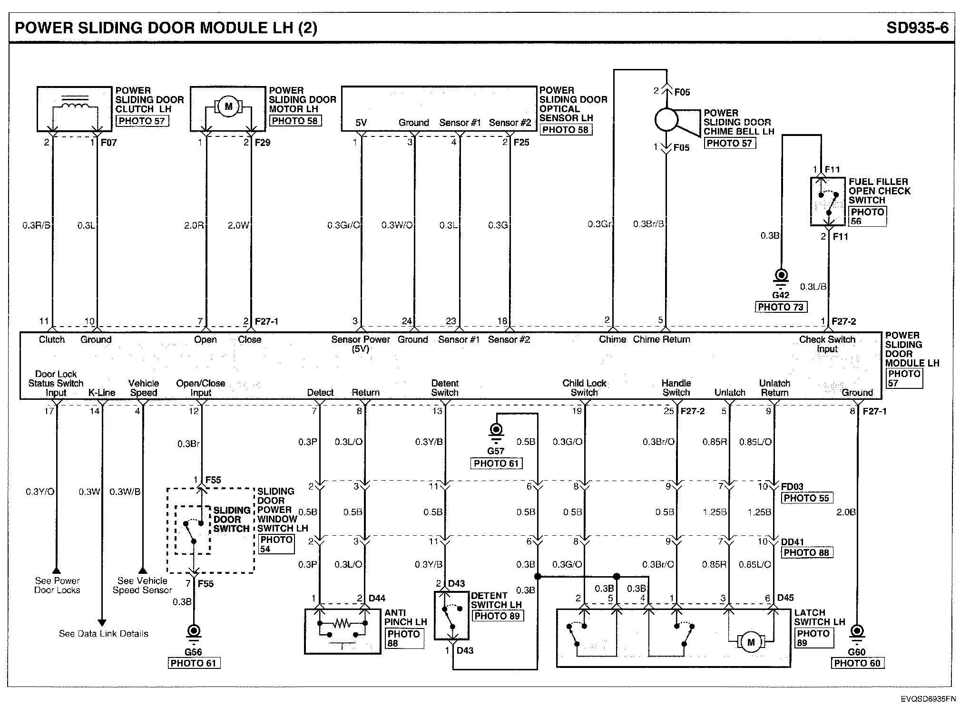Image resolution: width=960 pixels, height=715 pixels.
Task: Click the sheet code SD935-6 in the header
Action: [x=917, y=28]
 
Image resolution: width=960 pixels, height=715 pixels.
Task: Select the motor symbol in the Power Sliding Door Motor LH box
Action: [x=228, y=106]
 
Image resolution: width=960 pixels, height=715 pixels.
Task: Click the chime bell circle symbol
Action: [x=666, y=119]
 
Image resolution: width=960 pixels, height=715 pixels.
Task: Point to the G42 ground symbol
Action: [x=781, y=279]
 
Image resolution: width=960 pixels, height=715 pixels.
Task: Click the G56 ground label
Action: [x=193, y=652]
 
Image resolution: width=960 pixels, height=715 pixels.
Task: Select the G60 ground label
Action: [x=857, y=652]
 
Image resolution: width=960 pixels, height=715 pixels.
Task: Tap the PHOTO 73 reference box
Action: [x=781, y=307]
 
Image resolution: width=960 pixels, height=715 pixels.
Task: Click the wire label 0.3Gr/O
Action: [x=343, y=225]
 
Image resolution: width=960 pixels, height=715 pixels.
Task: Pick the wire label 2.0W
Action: [x=238, y=225]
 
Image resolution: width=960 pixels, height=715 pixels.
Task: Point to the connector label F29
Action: [x=262, y=143]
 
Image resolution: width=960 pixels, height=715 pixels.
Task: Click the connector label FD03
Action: [x=792, y=487]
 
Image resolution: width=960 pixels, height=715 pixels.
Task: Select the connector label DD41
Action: [x=792, y=541]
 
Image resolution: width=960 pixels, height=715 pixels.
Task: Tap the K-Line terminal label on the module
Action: [x=102, y=393]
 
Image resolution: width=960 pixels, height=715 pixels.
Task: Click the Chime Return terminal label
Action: [x=661, y=339]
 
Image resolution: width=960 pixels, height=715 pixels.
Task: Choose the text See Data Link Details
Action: [x=104, y=634]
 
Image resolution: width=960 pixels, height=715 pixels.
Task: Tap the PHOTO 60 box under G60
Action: [x=858, y=664]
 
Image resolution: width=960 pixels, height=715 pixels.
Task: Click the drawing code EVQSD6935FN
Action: [x=928, y=699]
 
